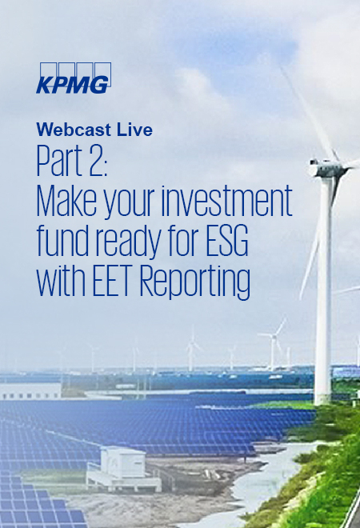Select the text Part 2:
click(x=77, y=162)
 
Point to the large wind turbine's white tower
click(x=323, y=304)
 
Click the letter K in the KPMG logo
click(x=45, y=85)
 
